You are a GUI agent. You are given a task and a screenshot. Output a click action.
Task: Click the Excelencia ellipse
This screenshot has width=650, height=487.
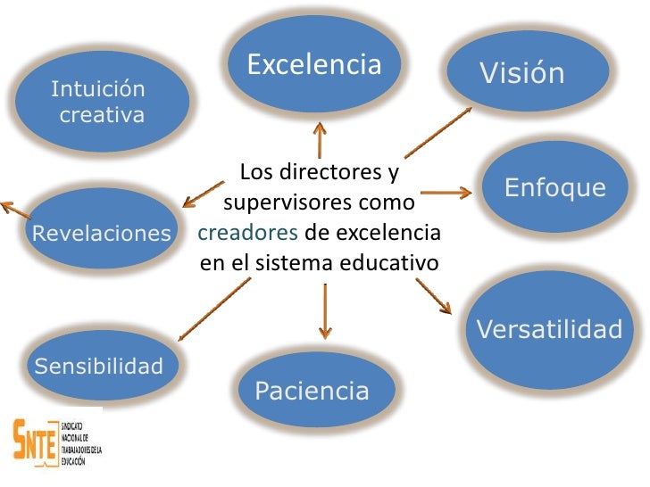click(313, 64)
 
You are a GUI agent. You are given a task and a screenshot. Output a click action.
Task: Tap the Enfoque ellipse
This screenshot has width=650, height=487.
click(554, 187)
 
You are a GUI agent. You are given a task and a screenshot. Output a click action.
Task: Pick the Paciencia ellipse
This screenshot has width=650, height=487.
click(312, 390)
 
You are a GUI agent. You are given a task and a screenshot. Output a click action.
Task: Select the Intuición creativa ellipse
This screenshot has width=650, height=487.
click(100, 101)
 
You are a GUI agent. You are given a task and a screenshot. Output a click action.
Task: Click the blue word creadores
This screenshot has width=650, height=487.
click(248, 234)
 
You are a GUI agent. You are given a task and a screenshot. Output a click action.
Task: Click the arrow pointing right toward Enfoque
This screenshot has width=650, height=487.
click(446, 192)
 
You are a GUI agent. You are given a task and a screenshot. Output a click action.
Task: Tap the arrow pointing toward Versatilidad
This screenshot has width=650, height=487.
click(436, 294)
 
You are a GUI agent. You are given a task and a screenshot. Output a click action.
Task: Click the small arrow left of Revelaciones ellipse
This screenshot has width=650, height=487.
click(13, 210)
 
